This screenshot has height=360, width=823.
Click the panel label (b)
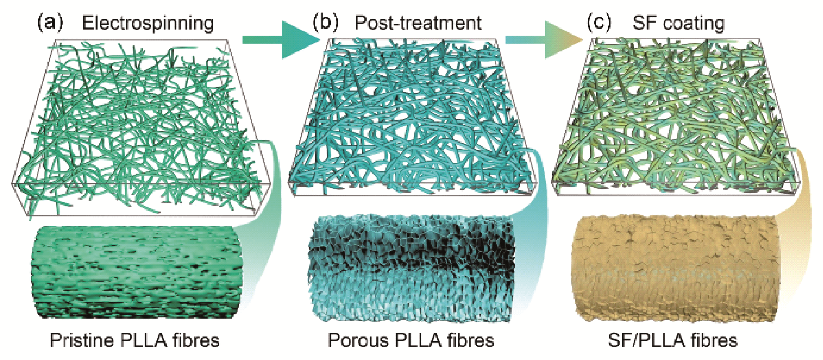point(325,23)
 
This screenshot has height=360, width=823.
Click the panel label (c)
point(600,23)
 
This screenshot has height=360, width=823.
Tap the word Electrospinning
point(148,24)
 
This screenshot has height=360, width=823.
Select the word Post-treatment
point(418,23)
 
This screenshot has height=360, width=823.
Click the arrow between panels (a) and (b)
point(281,40)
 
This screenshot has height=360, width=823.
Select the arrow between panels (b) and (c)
point(544,40)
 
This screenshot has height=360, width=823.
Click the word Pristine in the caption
point(81,340)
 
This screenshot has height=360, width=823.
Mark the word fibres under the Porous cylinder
point(471,340)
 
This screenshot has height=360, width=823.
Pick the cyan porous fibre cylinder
point(411,268)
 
